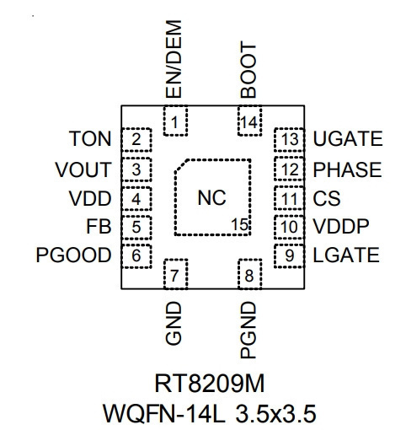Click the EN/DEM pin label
[x=174, y=59]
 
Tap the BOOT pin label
[x=248, y=70]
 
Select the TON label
[x=90, y=139]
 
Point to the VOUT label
[x=83, y=169]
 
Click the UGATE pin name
[x=348, y=138]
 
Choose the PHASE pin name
[x=347, y=169]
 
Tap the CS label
[x=327, y=198]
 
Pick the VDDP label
[x=341, y=227]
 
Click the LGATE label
[x=346, y=255]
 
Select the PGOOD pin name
[x=73, y=255]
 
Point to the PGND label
[x=248, y=330]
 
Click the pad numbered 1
[x=175, y=121]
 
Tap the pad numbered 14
[x=249, y=121]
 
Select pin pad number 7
[x=175, y=274]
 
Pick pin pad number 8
[x=249, y=274]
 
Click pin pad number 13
[x=289, y=139]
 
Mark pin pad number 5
[x=136, y=227]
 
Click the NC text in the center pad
[x=211, y=198]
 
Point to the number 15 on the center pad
[x=239, y=224]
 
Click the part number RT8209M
[x=210, y=384]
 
